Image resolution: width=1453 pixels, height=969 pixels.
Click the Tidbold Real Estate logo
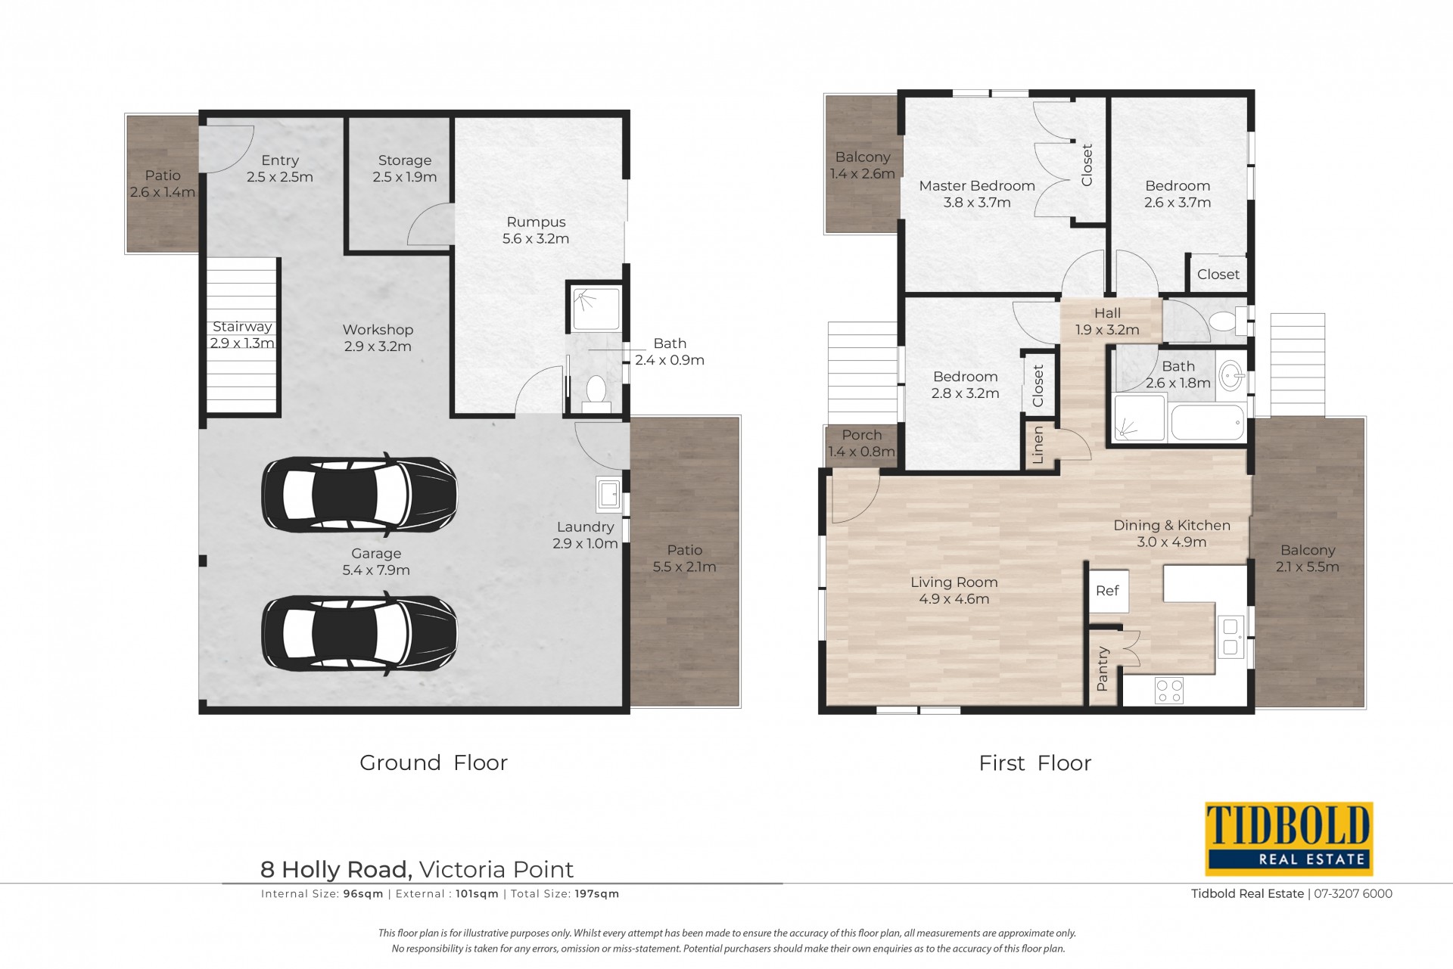(x=1289, y=839)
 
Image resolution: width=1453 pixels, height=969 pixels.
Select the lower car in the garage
(x=359, y=633)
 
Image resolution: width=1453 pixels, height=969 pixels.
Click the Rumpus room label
(x=536, y=230)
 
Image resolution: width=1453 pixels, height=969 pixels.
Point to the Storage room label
(x=405, y=169)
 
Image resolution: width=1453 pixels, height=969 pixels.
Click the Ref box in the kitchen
(x=1107, y=590)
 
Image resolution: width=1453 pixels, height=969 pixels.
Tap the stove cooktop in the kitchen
(x=1169, y=690)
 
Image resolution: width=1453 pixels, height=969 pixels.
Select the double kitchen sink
(x=1231, y=637)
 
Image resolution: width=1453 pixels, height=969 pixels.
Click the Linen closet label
(x=1038, y=445)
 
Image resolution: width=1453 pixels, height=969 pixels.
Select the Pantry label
(x=1103, y=669)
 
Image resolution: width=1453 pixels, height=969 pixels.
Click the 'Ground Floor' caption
(x=434, y=762)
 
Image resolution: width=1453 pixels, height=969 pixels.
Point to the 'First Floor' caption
(x=1035, y=763)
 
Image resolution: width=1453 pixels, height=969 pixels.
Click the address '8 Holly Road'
(x=337, y=870)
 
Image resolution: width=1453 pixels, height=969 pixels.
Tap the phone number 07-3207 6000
(x=1353, y=893)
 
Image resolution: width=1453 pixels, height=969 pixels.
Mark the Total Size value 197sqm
(x=597, y=893)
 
